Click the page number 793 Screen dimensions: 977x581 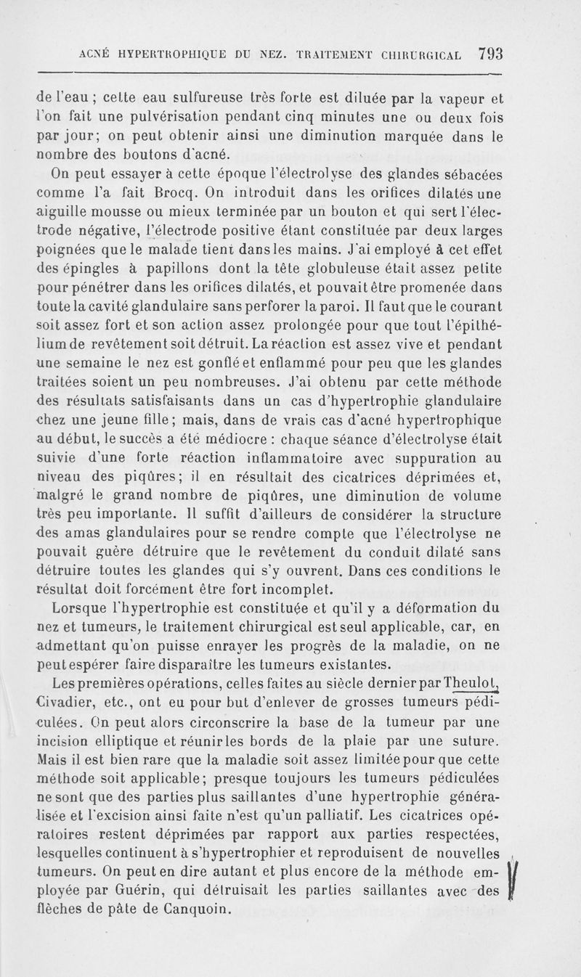pos(491,54)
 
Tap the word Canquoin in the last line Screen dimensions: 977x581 pos(190,909)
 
